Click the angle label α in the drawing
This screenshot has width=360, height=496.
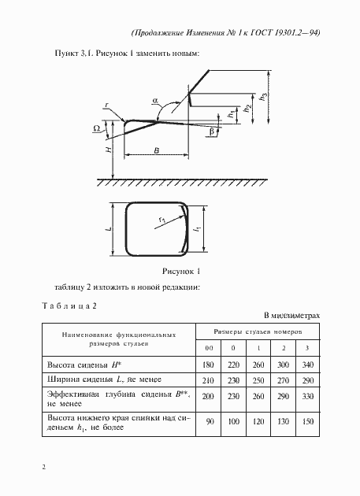click(x=155, y=102)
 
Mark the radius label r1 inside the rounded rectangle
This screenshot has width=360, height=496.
click(x=160, y=220)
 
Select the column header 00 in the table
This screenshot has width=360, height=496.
click(x=210, y=349)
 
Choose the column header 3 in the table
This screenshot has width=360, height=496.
click(x=306, y=349)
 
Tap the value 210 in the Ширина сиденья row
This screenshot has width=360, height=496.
click(x=210, y=380)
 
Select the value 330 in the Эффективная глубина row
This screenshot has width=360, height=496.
click(x=306, y=396)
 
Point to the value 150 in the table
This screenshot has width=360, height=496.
click(x=306, y=422)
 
